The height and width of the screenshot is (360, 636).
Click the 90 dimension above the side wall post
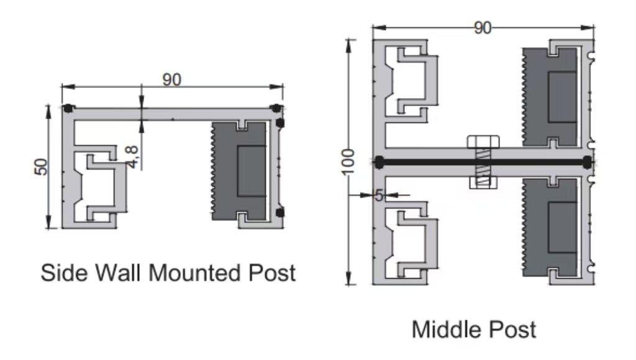pyautogui.click(x=172, y=79)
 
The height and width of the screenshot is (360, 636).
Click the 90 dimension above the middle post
pyautogui.click(x=483, y=28)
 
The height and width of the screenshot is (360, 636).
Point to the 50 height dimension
pyautogui.click(x=40, y=166)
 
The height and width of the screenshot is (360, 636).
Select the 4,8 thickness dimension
pyautogui.click(x=132, y=157)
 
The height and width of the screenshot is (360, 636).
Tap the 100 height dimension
pyautogui.click(x=348, y=162)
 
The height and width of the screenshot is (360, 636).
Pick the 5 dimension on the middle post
pyautogui.click(x=379, y=196)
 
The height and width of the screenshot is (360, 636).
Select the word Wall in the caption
pyautogui.click(x=119, y=272)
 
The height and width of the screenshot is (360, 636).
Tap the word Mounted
pyautogui.click(x=196, y=272)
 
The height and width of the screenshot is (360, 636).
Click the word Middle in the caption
pyautogui.click(x=447, y=329)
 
